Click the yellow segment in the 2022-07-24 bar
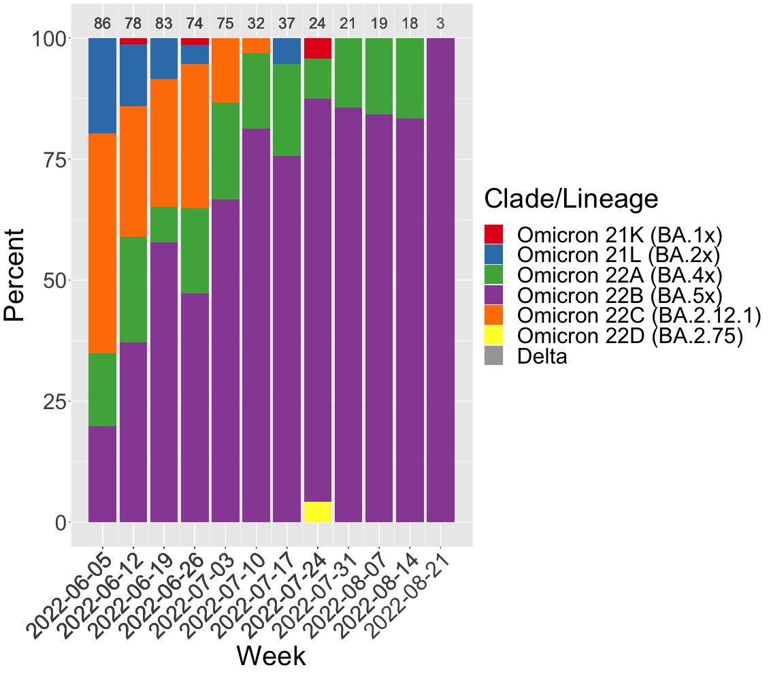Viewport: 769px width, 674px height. click(x=317, y=512)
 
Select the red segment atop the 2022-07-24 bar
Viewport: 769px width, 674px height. click(x=317, y=48)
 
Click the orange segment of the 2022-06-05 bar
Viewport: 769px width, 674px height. click(x=103, y=243)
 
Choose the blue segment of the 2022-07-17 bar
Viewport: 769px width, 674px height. click(x=287, y=51)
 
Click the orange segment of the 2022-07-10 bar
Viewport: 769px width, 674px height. click(x=256, y=46)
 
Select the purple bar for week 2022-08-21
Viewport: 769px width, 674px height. click(x=440, y=280)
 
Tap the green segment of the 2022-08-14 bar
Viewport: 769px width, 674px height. click(x=410, y=78)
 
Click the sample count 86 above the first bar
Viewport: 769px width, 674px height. click(x=103, y=24)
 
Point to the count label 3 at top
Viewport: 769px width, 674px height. click(x=440, y=24)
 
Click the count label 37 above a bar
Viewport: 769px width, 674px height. click(x=287, y=24)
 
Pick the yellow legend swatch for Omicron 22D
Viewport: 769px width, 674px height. click(x=493, y=336)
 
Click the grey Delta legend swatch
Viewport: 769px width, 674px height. click(x=493, y=356)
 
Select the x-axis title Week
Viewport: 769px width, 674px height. click(x=272, y=656)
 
